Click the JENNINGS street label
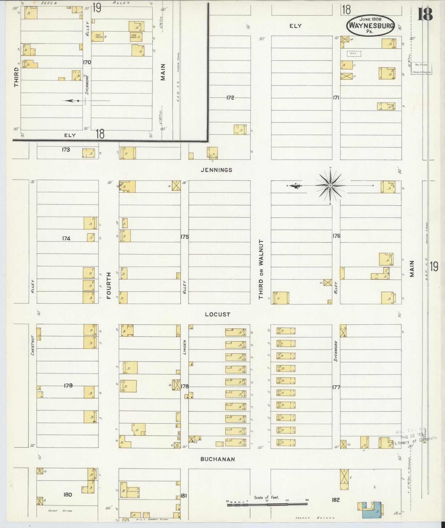(x=216, y=170)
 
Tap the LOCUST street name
(x=218, y=315)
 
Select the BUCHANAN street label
(x=217, y=459)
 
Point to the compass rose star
(x=330, y=185)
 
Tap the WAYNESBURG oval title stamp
(x=371, y=25)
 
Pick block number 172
(x=230, y=98)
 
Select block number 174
(x=66, y=238)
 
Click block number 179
(x=68, y=385)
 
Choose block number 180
(x=67, y=494)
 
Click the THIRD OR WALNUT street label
(x=261, y=270)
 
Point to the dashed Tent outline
(x=354, y=54)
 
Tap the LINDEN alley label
(x=185, y=347)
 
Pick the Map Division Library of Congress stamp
(x=422, y=68)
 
